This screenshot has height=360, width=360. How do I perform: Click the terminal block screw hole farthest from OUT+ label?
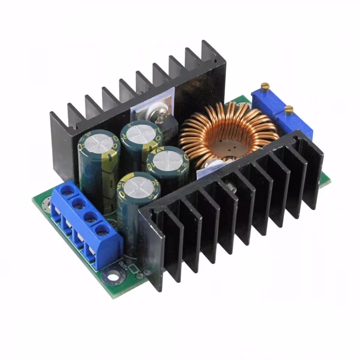68,191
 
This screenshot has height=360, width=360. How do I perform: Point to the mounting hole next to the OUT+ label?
114,274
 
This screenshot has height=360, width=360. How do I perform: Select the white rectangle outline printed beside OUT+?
133,269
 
